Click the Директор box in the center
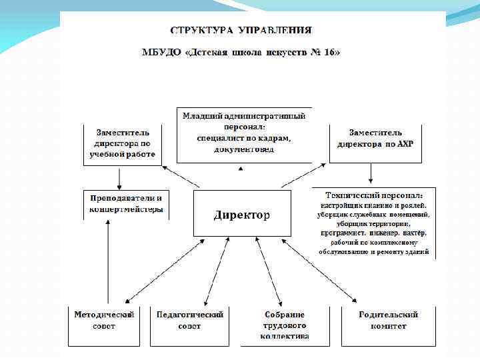(241, 214)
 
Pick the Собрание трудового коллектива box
(285, 325)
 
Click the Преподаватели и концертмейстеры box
(125, 204)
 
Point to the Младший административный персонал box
(243, 133)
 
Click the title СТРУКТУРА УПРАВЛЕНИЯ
(241, 31)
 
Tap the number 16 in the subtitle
(327, 52)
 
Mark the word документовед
(244, 149)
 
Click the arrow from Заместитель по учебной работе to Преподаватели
(119, 177)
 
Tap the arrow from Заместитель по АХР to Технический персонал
(371, 175)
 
